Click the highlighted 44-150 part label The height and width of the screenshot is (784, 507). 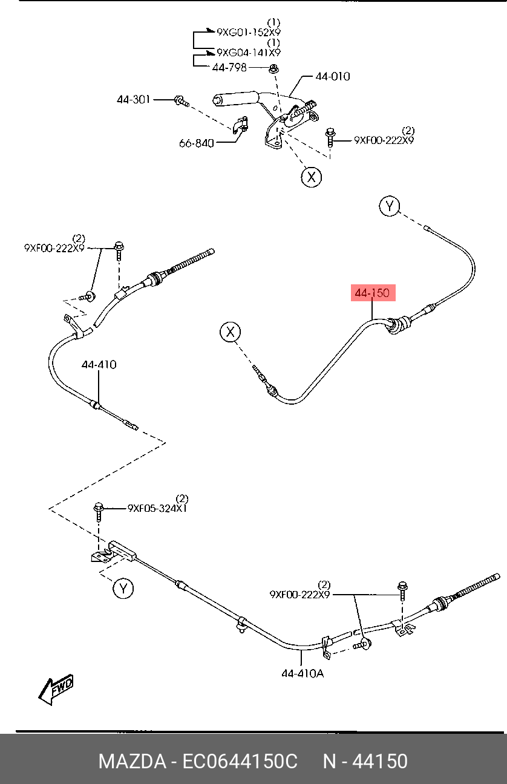tap(373, 293)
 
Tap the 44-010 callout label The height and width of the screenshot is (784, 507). tap(333, 76)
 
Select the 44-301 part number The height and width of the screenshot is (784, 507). tap(134, 99)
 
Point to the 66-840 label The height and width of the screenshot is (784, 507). tap(197, 143)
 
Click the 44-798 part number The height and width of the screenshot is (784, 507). tap(230, 67)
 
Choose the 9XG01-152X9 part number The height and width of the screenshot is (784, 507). tap(249, 32)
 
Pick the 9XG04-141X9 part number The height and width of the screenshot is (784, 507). tap(249, 53)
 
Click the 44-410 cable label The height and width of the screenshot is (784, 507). tap(99, 365)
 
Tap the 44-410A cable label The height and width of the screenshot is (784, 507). tap(303, 673)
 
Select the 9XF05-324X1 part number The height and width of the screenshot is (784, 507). tap(157, 508)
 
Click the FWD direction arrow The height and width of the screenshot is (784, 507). tap(56, 689)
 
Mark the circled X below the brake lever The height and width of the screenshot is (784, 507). tap(311, 177)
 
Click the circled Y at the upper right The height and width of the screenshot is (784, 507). tap(390, 206)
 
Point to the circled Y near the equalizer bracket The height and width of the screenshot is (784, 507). tap(123, 589)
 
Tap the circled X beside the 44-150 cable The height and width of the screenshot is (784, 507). tap(231, 332)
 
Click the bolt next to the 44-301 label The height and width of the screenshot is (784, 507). tap(182, 101)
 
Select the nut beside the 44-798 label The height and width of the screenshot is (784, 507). tap(273, 68)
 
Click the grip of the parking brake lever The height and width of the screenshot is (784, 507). tap(235, 99)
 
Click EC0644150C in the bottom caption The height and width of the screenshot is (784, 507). tap(240, 761)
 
